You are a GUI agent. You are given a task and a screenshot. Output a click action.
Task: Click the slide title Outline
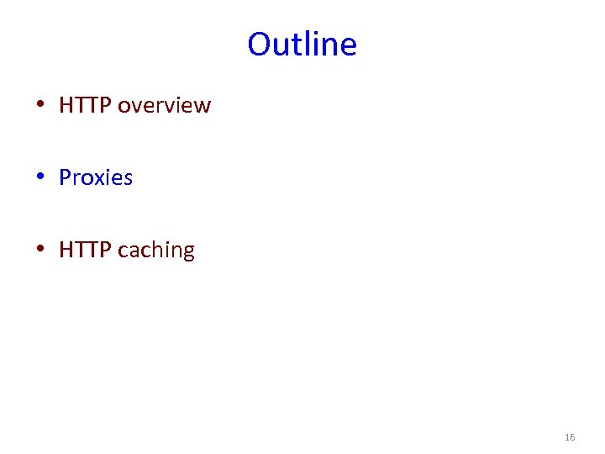click(302, 44)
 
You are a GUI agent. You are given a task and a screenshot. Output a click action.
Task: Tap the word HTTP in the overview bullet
click(85, 105)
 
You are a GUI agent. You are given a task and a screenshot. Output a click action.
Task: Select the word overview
click(164, 105)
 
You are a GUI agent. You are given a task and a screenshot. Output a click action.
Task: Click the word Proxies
click(96, 177)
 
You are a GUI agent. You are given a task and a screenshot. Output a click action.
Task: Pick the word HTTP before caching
click(85, 250)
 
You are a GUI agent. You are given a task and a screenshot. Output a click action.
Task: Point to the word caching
click(156, 251)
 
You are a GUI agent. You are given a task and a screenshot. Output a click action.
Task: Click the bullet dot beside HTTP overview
click(40, 106)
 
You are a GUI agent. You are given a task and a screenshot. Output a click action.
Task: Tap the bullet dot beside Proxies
click(40, 178)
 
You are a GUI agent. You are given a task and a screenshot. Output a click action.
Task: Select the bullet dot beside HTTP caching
click(40, 251)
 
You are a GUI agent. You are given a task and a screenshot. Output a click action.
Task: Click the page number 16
click(570, 437)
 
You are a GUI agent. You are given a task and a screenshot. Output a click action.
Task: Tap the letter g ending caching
click(188, 252)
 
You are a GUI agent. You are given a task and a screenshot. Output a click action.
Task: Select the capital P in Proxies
click(66, 177)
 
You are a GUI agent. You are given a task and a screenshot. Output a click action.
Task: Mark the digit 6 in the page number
click(572, 437)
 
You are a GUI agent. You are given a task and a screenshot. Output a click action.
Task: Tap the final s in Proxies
click(128, 178)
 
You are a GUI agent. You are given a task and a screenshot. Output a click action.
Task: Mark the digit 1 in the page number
click(567, 437)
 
